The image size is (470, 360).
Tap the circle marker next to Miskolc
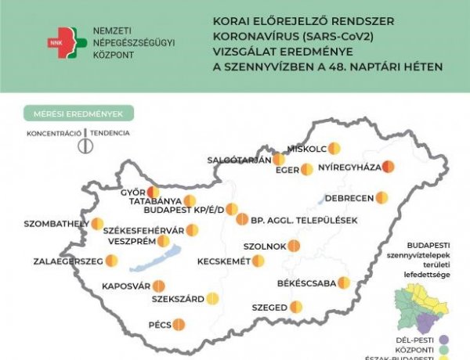[x=334, y=147]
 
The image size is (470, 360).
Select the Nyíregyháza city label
[x=349, y=167]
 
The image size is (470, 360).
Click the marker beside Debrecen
[x=381, y=197]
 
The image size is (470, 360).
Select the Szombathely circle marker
[x=97, y=224]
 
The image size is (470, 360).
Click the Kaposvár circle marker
[x=159, y=286]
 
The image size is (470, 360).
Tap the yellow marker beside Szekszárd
[x=212, y=298]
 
